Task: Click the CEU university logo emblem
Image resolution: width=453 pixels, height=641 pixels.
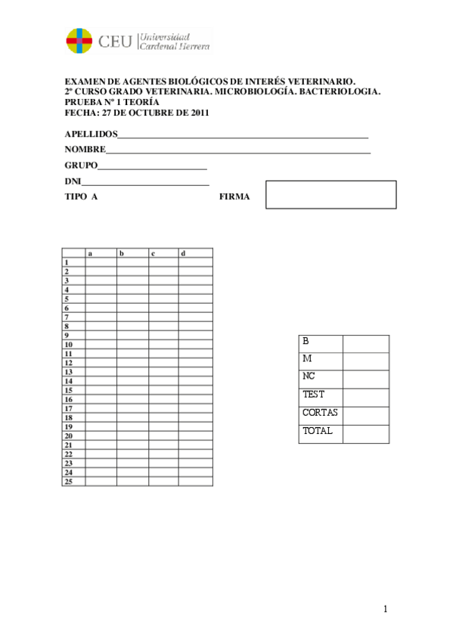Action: pos(80,41)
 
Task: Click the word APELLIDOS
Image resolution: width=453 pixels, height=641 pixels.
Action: pos(90,134)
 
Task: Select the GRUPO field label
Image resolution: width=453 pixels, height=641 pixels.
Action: pos(81,165)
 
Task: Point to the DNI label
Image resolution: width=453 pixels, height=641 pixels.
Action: pos(73,181)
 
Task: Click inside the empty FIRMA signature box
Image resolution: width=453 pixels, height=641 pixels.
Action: pos(331,194)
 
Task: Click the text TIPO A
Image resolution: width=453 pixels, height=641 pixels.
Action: pos(81,197)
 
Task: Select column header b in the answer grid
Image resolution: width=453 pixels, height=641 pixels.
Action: pos(121,253)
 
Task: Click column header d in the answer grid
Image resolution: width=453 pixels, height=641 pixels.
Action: pos(183,253)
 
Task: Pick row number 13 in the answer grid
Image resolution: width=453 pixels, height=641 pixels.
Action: pos(68,372)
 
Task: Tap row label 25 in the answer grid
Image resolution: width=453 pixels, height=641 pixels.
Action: pos(68,482)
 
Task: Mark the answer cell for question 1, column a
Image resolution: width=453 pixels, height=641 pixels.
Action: pos(101,262)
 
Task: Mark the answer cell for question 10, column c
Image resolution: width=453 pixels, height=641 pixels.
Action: pos(163,345)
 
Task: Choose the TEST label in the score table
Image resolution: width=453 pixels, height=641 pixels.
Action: pos(313,395)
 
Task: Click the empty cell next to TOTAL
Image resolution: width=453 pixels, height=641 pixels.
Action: pos(366,433)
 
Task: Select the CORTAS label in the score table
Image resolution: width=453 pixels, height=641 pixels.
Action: pos(320,413)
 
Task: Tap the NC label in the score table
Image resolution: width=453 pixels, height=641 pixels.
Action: pos(309,376)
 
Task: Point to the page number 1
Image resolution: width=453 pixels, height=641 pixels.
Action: pos(385,609)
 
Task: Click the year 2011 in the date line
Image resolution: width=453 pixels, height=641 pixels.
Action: pos(197,113)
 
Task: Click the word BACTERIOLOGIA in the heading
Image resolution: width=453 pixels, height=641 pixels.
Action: pos(340,91)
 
